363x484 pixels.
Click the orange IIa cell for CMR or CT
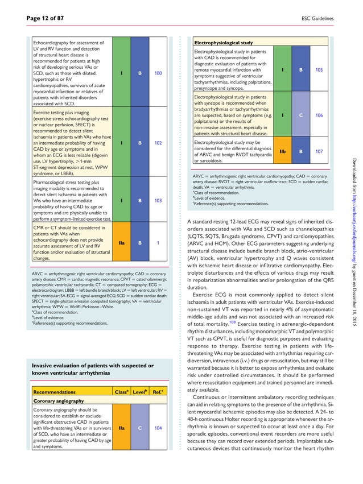coord(121,242)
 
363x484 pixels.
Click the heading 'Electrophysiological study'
coord(224,43)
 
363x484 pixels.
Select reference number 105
coord(319,70)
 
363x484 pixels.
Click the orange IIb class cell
coord(282,151)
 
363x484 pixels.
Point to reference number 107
coord(319,151)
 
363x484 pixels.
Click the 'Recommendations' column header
coord(54,392)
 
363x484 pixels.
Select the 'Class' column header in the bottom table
coord(121,392)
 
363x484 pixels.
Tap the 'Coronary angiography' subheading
coord(58,400)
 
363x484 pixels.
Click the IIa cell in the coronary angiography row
coord(121,428)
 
